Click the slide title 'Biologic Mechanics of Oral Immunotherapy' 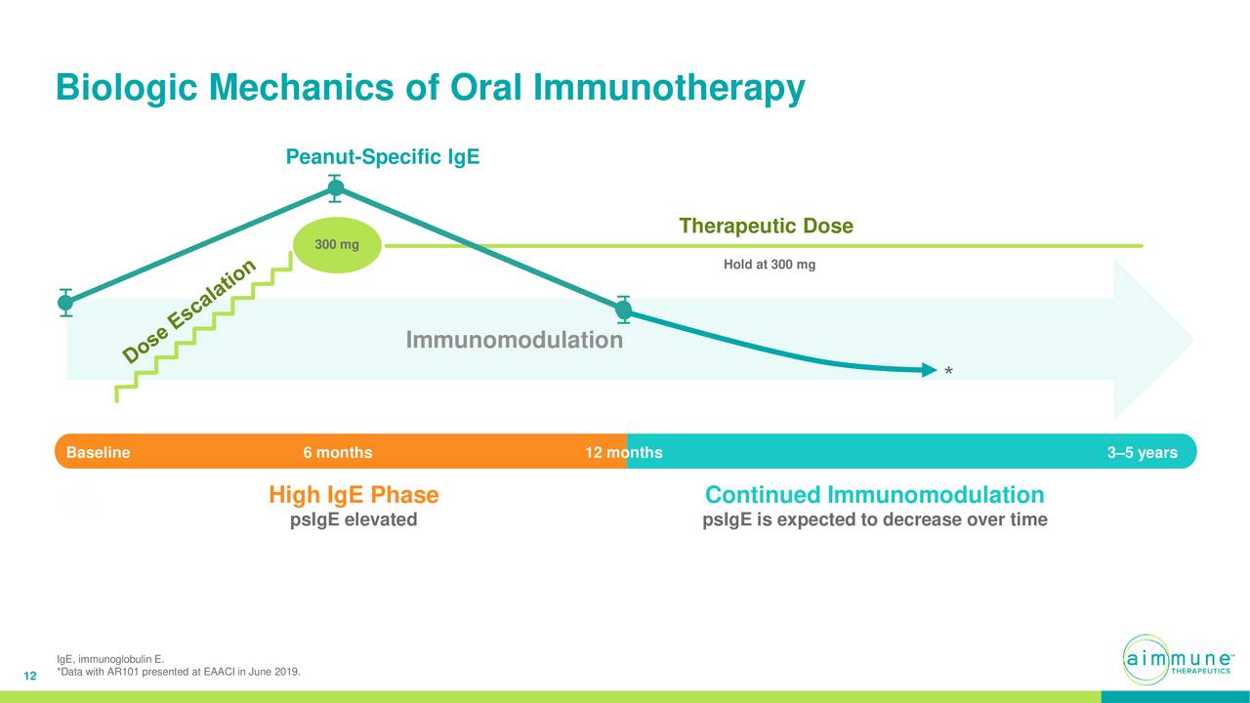coord(430,88)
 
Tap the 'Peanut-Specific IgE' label coord(382,157)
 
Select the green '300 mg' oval coord(336,244)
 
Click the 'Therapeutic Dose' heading coord(766,227)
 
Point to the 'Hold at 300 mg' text coord(769,265)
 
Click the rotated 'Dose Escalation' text coord(190,310)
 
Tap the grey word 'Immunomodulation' coord(514,341)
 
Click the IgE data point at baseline coord(65,303)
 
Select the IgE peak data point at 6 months coord(335,188)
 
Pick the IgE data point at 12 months coord(624,310)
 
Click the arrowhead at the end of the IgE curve coord(928,370)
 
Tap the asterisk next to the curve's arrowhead coord(948,373)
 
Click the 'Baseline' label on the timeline coord(98,453)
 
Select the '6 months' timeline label coord(337,453)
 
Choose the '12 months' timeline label coord(623,453)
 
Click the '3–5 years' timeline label coord(1142,453)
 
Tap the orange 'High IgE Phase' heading coord(354,495)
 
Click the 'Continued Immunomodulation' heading coord(874,495)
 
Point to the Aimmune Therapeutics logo coord(1175,660)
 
